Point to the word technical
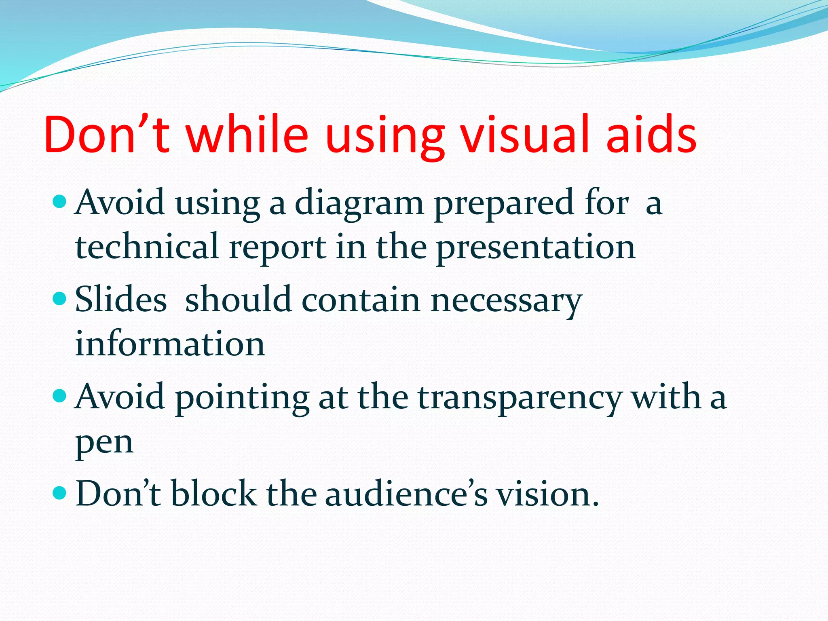pyautogui.click(x=147, y=247)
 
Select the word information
pyautogui.click(x=170, y=344)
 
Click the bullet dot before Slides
pyautogui.click(x=59, y=299)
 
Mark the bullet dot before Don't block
pyautogui.click(x=59, y=492)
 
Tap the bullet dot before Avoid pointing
pyautogui.click(x=59, y=395)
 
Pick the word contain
pyautogui.click(x=361, y=300)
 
